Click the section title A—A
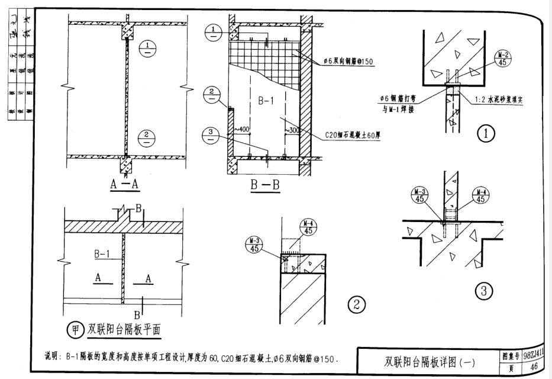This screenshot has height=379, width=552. tap(125, 185)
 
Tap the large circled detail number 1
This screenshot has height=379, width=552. tap(486, 134)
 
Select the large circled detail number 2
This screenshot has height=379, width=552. tap(356, 305)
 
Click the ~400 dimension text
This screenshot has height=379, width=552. tap(242, 129)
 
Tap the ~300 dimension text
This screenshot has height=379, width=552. tap(292, 129)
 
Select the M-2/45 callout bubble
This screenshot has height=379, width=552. tap(503, 59)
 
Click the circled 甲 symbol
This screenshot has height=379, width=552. tap(76, 330)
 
